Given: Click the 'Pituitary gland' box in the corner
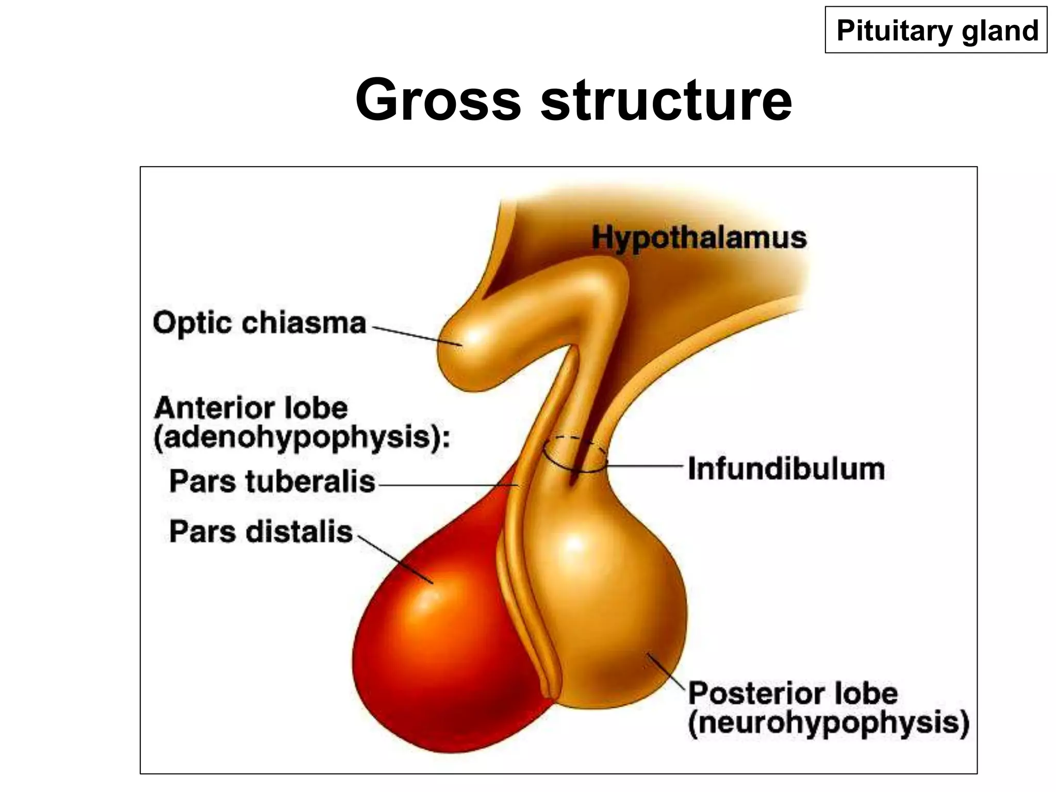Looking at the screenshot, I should pos(936,30).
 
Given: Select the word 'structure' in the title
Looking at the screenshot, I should pos(666,99).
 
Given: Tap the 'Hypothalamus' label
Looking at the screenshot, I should pos(699,238).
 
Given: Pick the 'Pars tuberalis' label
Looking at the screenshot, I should pos(272,482).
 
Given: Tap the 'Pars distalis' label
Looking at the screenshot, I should pos(260,532).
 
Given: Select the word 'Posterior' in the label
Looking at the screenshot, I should pos(758,692).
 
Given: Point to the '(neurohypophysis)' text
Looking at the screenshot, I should pos(829,722).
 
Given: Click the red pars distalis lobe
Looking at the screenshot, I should pos(438,645).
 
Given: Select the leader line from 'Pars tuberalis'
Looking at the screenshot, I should pos(449,485).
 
